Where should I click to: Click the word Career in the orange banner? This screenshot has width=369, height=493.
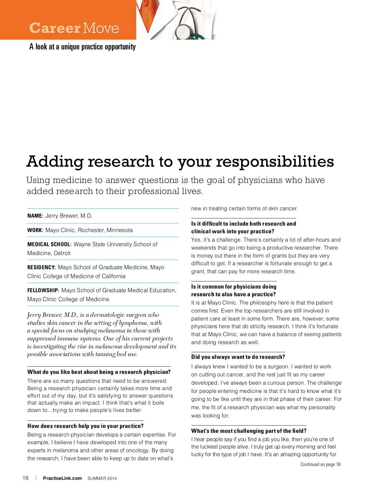54,28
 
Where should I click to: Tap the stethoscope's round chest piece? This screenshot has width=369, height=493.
184,30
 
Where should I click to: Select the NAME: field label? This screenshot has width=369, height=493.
35,216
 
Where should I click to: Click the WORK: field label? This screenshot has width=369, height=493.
35,230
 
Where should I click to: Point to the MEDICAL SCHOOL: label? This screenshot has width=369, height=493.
49,244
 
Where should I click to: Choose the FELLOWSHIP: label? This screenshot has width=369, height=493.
43,290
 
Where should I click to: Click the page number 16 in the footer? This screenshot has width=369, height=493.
26,478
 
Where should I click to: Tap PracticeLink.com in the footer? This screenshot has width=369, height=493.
62,478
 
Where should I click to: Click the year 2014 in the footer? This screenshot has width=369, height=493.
112,478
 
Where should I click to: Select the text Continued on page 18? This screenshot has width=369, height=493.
320,464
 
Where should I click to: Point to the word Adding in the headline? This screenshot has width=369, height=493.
55,162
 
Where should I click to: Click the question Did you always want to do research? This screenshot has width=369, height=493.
238,357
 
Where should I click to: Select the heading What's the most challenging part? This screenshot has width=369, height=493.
249,431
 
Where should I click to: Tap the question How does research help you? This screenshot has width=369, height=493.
85,426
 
